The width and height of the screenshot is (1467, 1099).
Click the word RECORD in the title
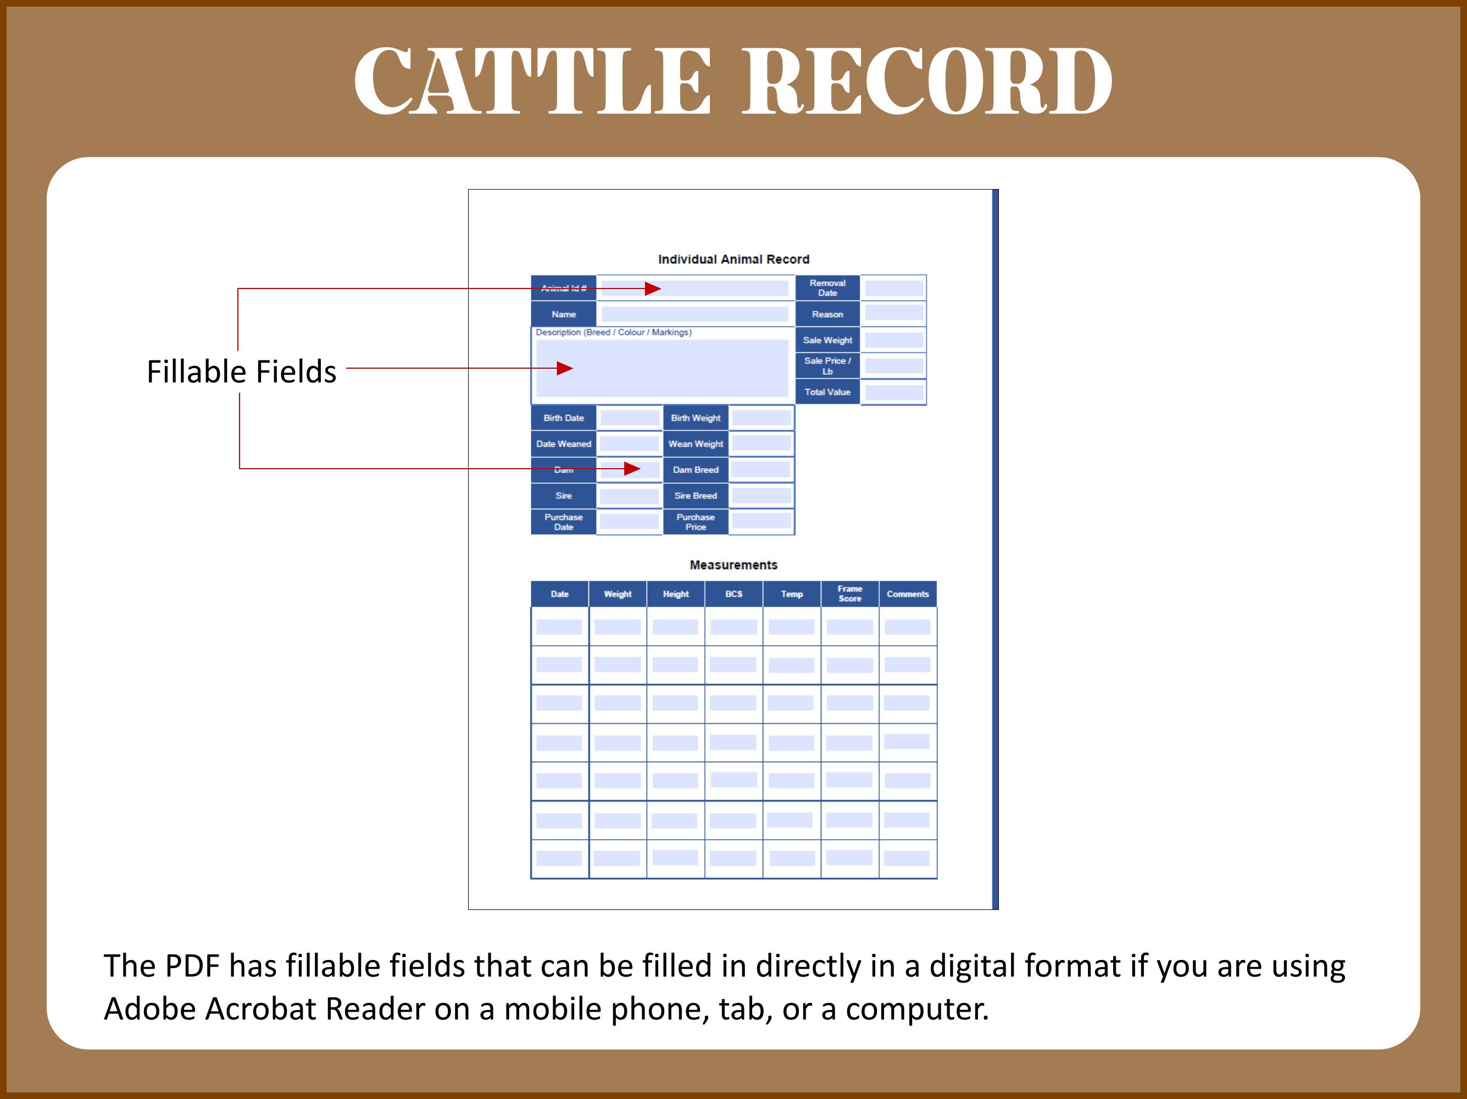pos(926,81)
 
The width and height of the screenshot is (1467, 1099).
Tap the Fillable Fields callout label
pos(241,371)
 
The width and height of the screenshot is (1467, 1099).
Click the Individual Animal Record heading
pos(733,259)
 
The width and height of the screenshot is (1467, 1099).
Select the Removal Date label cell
pos(827,288)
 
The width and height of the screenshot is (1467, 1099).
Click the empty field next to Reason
pos(893,314)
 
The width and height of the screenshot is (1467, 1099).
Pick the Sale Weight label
pos(827,340)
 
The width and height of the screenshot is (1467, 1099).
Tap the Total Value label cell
pos(827,392)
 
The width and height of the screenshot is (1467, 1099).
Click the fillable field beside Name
pos(694,314)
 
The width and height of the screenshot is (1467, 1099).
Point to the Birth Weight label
pos(695,418)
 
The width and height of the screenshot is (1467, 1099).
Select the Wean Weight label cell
pos(695,443)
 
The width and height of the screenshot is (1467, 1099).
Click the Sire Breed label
pos(695,496)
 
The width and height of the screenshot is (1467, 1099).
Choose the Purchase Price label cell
pos(695,522)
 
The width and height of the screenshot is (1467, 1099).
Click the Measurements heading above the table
pos(733,565)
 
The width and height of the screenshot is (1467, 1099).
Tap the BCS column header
pos(733,594)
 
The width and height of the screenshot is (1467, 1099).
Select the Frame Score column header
pos(849,593)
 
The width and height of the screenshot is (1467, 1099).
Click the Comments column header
pos(907,594)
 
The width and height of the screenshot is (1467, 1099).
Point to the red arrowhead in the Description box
pos(564,368)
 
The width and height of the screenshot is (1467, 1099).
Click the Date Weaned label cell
pos(564,443)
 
